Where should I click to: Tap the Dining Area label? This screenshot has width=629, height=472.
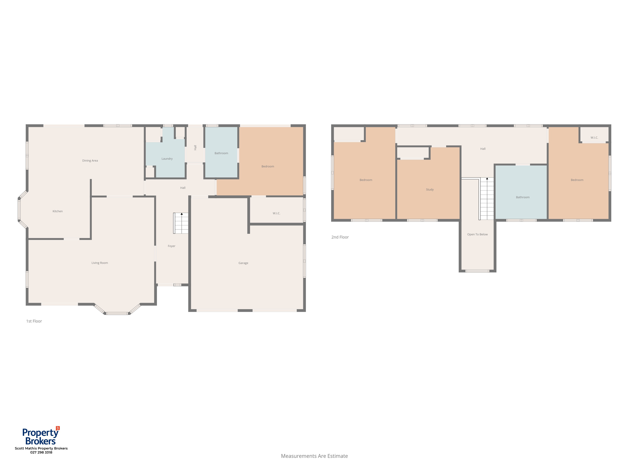(x=90, y=160)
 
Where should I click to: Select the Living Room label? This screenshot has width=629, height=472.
(x=100, y=263)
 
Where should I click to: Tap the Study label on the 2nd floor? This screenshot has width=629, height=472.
(x=430, y=189)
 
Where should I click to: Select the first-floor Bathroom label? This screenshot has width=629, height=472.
(x=221, y=153)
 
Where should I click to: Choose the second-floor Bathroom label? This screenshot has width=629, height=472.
(x=523, y=197)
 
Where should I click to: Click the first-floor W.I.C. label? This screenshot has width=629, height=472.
(x=276, y=213)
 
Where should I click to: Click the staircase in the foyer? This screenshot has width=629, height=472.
(x=181, y=223)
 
